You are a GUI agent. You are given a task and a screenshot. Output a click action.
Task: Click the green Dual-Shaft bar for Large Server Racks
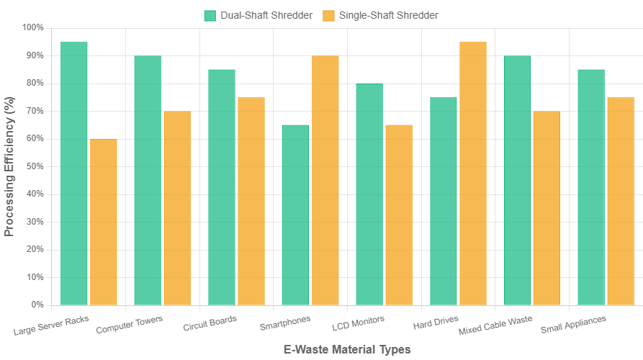74,173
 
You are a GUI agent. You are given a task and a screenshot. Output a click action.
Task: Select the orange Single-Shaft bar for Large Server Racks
104,222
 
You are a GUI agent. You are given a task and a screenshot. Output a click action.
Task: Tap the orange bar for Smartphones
325,180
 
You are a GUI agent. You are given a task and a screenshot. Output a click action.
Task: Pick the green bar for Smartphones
296,215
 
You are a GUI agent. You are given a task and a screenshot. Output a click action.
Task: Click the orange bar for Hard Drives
473,173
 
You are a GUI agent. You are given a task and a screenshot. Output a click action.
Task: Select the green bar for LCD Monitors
369,194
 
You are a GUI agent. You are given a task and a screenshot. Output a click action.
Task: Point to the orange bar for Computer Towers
178,207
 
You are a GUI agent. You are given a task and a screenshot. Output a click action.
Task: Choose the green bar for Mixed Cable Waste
518,180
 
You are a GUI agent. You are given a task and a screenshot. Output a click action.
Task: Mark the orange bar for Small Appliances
621,201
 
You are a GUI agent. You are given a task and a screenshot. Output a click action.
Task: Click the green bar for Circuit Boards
222,187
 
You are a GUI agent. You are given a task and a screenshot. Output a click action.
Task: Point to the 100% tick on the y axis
33,27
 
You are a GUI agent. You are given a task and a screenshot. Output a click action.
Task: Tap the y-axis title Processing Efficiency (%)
9,166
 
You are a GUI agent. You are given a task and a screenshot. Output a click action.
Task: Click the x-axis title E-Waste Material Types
346,349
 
